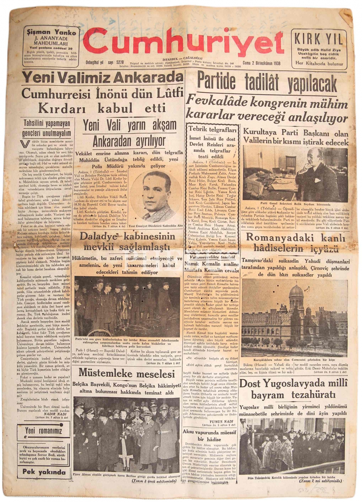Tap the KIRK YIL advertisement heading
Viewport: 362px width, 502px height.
click(x=318, y=39)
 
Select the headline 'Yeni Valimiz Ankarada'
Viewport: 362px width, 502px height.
click(x=102, y=78)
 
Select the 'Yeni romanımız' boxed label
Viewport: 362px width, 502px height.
click(x=44, y=430)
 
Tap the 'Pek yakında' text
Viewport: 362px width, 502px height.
click(x=44, y=472)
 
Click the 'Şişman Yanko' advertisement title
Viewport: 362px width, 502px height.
click(x=51, y=33)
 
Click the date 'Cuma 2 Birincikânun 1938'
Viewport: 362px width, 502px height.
click(x=261, y=63)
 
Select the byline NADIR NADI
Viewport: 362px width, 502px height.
click(x=54, y=414)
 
